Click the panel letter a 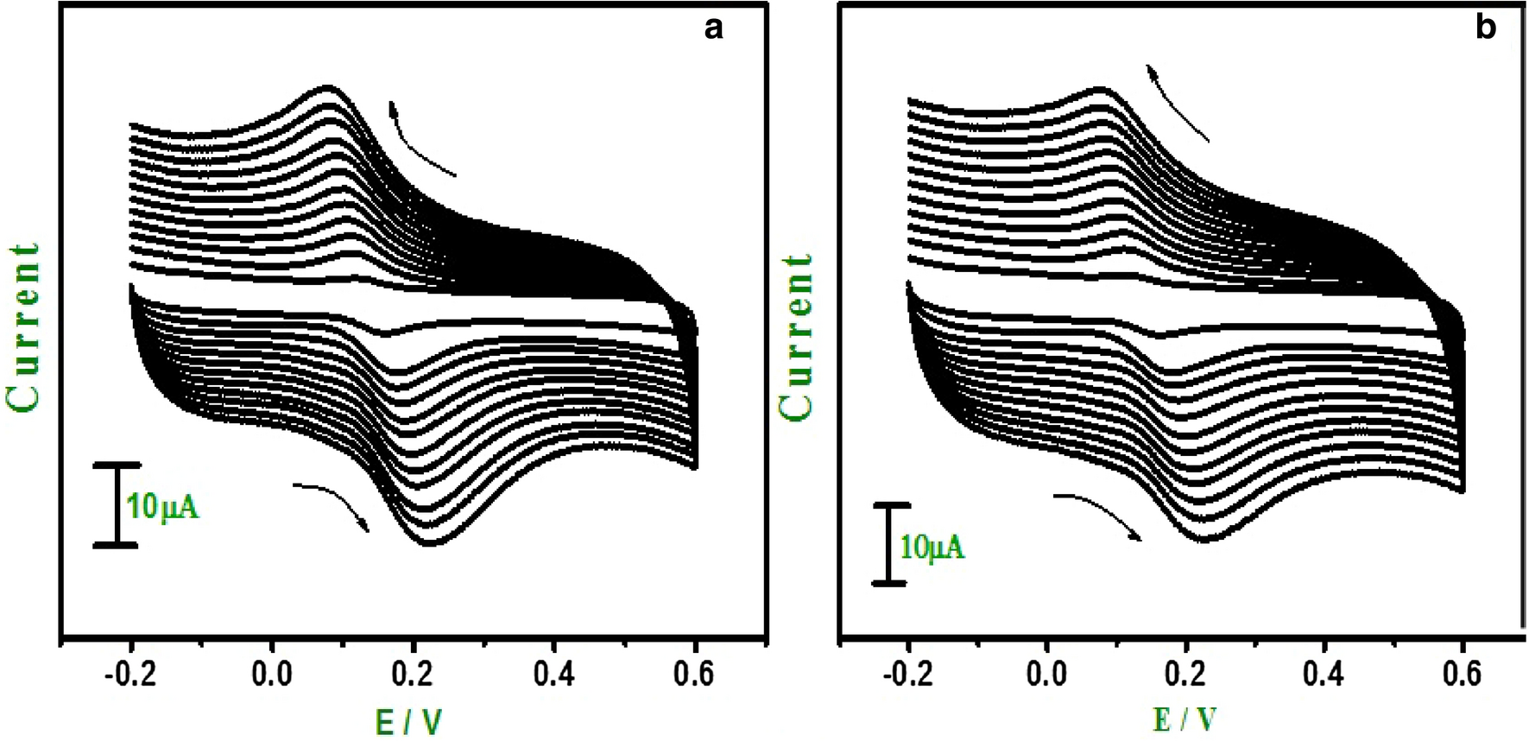click(713, 28)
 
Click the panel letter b click(1485, 28)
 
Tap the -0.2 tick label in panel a click(131, 674)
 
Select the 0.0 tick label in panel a click(272, 674)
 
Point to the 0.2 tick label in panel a click(414, 674)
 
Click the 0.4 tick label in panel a click(553, 674)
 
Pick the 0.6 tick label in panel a click(694, 674)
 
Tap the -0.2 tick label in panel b click(908, 674)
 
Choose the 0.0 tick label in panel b click(1047, 674)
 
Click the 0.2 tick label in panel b click(1187, 674)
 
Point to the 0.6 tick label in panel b click(1463, 674)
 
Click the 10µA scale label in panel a click(163, 507)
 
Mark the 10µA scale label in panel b click(932, 547)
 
